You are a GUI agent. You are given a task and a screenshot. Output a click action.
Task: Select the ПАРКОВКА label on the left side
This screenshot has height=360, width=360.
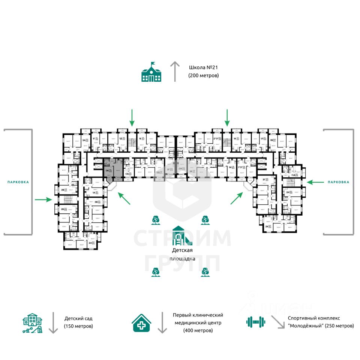(18, 182)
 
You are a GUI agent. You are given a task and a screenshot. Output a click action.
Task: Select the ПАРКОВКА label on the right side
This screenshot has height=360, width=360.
(338, 182)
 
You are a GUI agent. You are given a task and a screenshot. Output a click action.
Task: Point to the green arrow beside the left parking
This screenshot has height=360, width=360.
(43, 199)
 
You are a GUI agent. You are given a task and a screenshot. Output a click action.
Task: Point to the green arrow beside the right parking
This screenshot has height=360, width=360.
(315, 182)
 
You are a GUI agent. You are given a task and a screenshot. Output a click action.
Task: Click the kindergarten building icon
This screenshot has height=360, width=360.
(33, 323)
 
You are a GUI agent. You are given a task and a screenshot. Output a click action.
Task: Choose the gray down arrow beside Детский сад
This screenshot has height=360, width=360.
(53, 322)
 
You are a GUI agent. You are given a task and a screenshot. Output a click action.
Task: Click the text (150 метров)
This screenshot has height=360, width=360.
(78, 326)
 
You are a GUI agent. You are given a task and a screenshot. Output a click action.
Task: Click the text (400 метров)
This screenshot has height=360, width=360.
(198, 330)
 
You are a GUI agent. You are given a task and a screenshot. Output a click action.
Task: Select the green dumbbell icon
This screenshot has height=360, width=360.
(255, 322)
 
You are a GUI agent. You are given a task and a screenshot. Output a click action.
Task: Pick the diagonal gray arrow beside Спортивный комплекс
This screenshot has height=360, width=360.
(278, 322)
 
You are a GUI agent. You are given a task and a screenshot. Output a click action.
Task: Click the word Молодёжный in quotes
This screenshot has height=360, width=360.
(306, 326)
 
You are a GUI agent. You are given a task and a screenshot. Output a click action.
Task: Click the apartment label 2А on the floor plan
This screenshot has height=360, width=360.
(90, 243)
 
